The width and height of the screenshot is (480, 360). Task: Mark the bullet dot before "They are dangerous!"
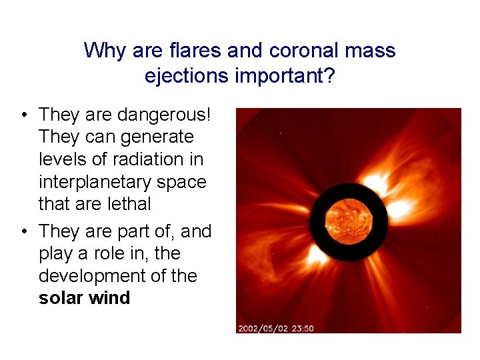click(x=23, y=115)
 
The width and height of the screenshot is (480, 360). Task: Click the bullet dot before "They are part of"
click(x=23, y=232)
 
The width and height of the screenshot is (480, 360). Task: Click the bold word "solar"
click(x=59, y=298)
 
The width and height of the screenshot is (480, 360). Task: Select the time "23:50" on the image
click(x=304, y=328)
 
